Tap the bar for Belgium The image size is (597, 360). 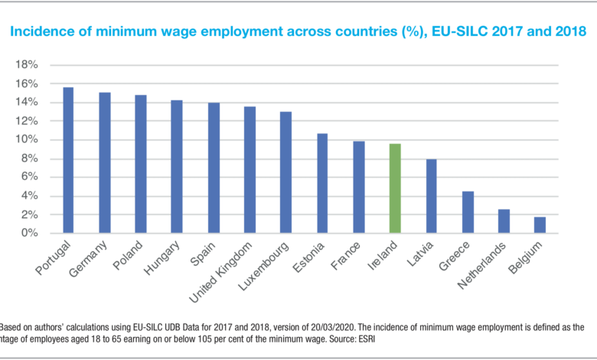pyautogui.click(x=540, y=224)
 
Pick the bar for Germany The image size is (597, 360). pyautogui.click(x=105, y=162)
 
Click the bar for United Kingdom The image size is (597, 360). pyautogui.click(x=250, y=169)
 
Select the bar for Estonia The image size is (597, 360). pyautogui.click(x=322, y=183)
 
